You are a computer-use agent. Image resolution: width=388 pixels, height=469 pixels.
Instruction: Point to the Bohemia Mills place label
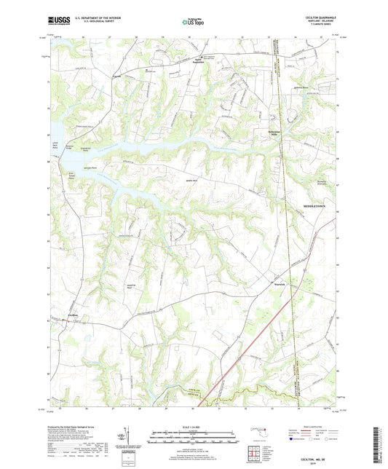click(x=270, y=133)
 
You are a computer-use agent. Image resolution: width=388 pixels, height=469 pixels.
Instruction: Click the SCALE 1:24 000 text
click(x=194, y=427)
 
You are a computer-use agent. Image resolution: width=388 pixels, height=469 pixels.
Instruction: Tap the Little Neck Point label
click(x=50, y=146)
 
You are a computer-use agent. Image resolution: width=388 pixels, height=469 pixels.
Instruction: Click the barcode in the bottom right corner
click(x=381, y=445)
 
